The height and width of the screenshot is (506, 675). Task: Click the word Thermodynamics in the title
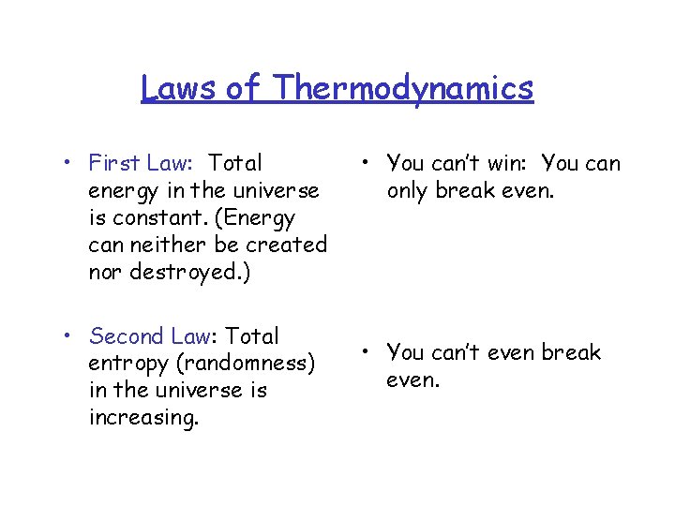[x=405, y=88]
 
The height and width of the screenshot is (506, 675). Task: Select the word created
[x=286, y=245]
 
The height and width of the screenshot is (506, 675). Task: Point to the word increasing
[x=143, y=417]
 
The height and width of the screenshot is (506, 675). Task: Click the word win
[x=505, y=163]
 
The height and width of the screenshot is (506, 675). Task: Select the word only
[x=409, y=190]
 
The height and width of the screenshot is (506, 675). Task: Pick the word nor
[x=105, y=272]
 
